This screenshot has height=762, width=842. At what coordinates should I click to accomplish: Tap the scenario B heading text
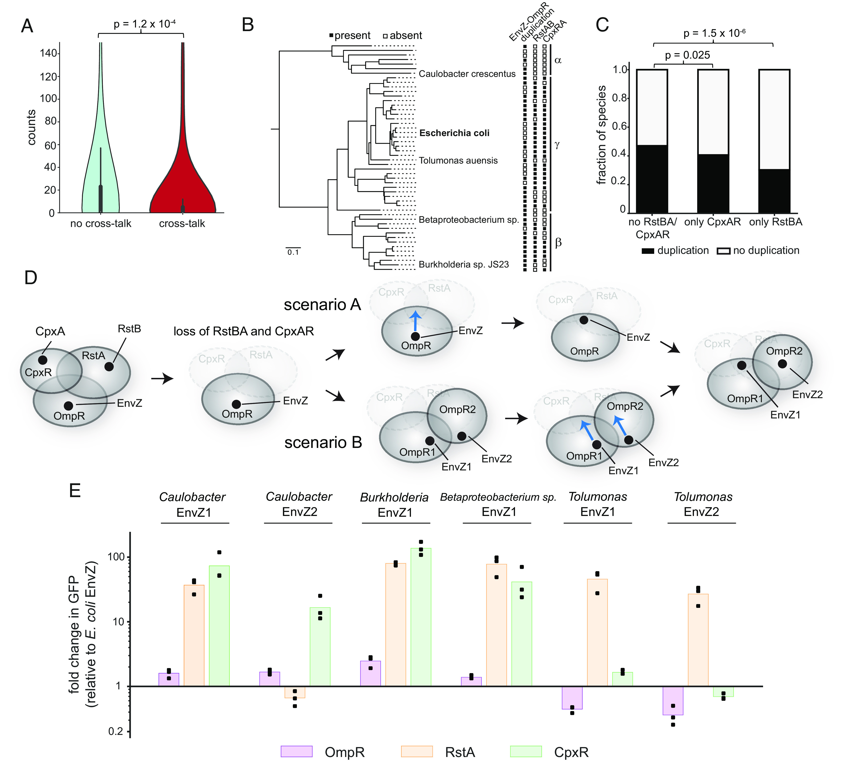point(323,442)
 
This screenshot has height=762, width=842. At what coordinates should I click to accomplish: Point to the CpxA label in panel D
point(50,331)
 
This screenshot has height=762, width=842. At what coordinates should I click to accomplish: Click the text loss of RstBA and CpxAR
point(243,331)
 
